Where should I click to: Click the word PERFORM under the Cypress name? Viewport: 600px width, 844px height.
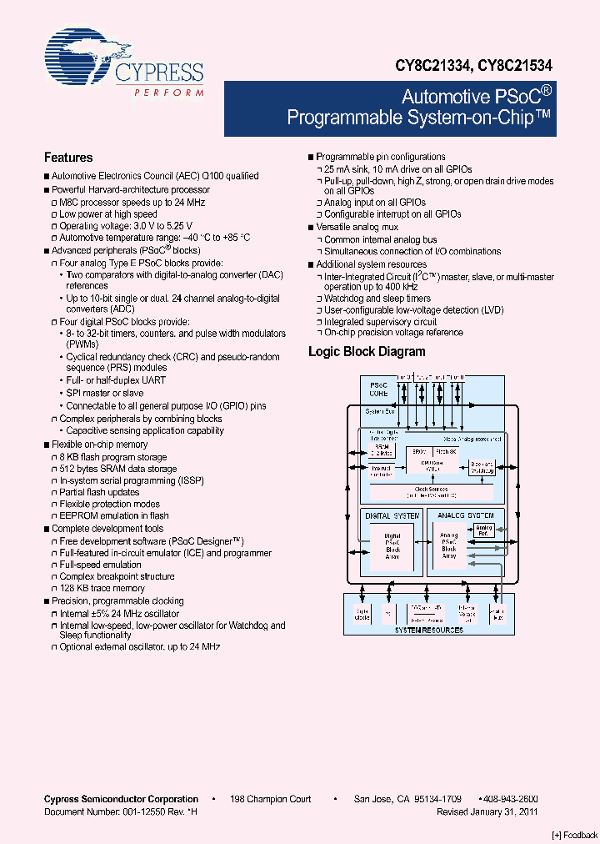(168, 92)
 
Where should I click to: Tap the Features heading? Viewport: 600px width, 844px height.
(68, 158)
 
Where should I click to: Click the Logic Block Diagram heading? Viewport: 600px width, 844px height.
(367, 352)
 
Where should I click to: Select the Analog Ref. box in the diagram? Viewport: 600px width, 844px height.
(484, 530)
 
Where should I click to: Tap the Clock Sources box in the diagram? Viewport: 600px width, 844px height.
(432, 492)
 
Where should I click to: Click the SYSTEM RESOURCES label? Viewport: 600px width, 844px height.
(429, 630)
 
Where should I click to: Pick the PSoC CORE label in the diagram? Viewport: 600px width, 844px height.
(378, 389)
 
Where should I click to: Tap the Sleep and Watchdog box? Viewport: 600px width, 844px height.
(482, 468)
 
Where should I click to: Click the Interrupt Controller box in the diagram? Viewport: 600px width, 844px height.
(381, 471)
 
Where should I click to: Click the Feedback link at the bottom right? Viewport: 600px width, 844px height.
(575, 835)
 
